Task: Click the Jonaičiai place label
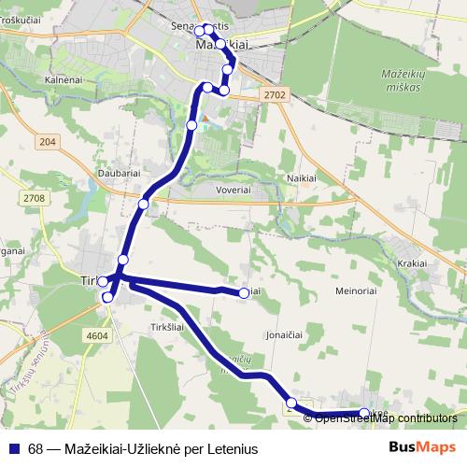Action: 287,333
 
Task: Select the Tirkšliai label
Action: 168,327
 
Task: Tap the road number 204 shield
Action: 49,141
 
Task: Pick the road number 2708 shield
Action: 35,199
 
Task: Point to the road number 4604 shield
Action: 95,335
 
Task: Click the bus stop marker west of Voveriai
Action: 144,204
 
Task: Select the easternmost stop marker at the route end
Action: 364,413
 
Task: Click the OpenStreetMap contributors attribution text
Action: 386,417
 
